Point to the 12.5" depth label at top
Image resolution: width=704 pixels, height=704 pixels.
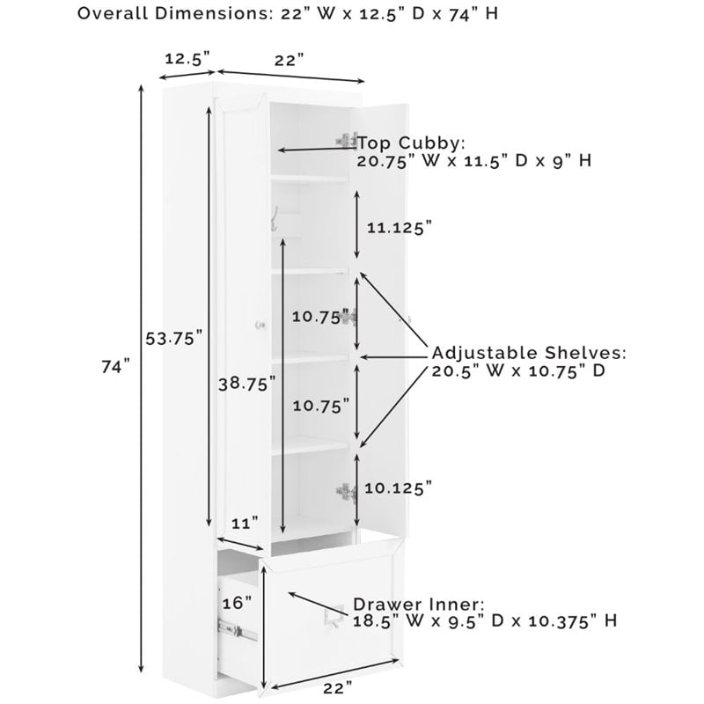click(x=187, y=59)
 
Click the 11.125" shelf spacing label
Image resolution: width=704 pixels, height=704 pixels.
click(x=400, y=227)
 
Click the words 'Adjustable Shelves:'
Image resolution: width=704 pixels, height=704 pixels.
click(x=528, y=352)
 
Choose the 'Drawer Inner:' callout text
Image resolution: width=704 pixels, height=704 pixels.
click(x=418, y=605)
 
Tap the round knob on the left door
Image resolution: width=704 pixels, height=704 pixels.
click(x=259, y=326)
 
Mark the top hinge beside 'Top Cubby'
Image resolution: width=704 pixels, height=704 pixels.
click(x=346, y=140)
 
